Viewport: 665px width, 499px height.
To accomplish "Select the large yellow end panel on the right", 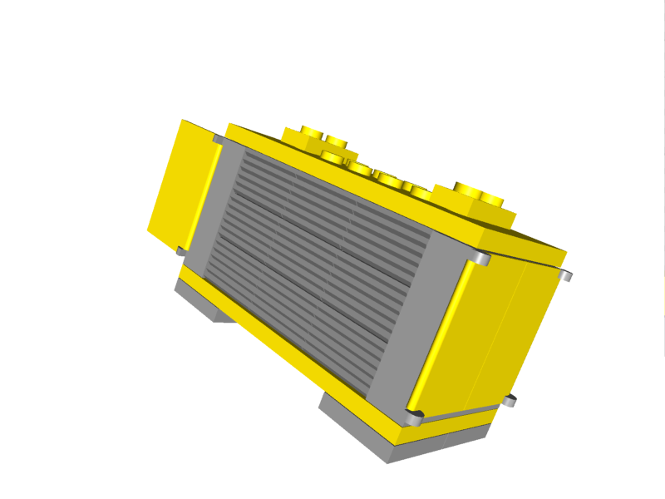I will point(490,333).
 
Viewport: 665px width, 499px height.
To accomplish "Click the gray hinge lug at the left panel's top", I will point(218,140).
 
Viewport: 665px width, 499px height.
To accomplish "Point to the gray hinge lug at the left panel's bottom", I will point(180,250).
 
